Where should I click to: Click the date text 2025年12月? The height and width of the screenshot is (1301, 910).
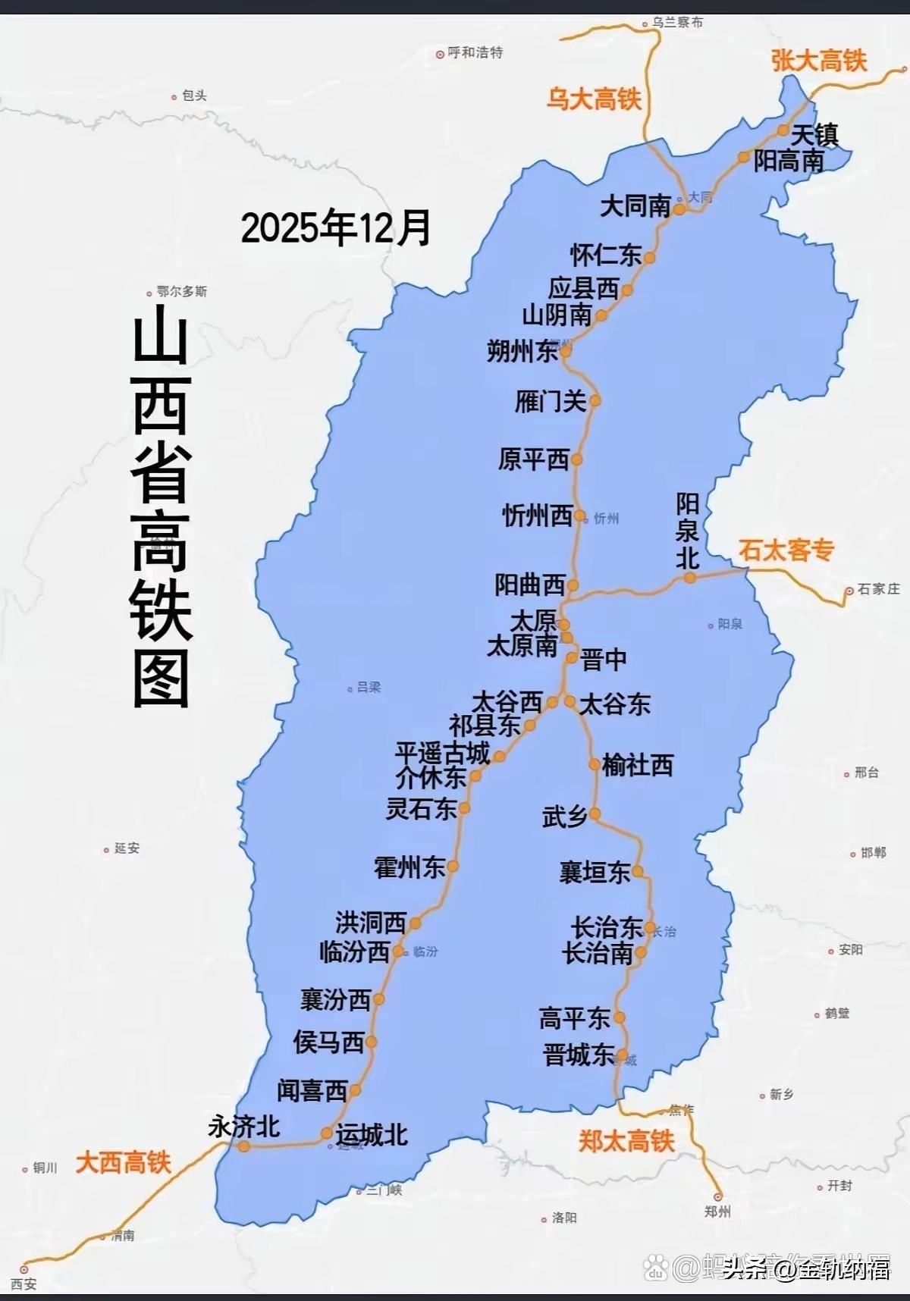tap(336, 227)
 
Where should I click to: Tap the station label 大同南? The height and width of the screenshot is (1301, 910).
tap(635, 206)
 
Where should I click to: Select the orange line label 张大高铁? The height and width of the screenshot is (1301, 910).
tap(819, 61)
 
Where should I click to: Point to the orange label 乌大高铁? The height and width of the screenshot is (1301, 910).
tap(594, 99)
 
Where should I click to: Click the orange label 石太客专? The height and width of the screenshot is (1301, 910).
tap(786, 550)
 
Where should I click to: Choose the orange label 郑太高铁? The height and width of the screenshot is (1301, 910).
tap(626, 1141)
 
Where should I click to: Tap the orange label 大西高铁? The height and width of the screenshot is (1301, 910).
tap(123, 1162)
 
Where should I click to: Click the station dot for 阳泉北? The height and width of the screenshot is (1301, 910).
tap(689, 578)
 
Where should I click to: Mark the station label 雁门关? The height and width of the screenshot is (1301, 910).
tap(551, 401)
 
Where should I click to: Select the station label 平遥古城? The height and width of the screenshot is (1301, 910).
tap(442, 754)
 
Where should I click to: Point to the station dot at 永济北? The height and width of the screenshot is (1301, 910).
tap(243, 1146)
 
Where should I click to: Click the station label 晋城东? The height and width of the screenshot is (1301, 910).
tap(579, 1055)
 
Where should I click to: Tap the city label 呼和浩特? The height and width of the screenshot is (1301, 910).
tap(475, 53)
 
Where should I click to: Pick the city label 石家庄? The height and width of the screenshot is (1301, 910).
tap(878, 589)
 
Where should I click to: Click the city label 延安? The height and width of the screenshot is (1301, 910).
tap(127, 848)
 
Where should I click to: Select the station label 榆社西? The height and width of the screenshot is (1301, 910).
tap(638, 766)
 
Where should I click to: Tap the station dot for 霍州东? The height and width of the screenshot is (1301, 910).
tap(453, 866)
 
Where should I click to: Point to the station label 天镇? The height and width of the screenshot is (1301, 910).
tap(814, 135)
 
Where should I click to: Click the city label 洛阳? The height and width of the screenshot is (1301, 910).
tap(564, 1218)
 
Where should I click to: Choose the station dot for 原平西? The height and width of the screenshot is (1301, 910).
tap(576, 459)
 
